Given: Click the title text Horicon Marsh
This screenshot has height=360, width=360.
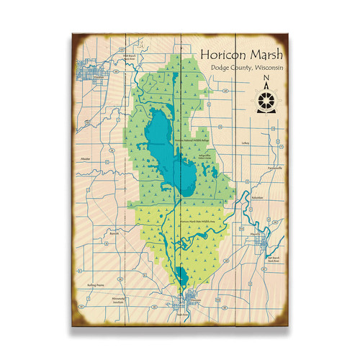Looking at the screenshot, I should click(x=242, y=55).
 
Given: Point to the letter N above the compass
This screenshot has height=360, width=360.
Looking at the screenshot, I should click(x=266, y=81).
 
